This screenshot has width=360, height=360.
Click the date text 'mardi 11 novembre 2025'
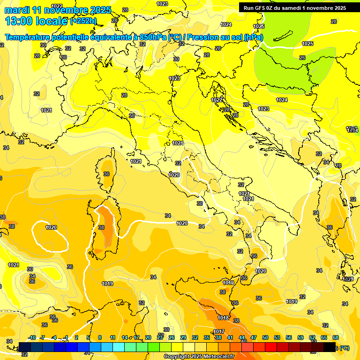coord(58,10)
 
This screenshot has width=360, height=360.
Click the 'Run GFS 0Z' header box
coord(294,7)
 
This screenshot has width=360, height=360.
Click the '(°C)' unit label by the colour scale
coord(344,348)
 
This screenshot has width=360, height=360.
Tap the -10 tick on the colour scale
coord(32,337)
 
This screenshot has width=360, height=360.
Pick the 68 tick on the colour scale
coord(336,337)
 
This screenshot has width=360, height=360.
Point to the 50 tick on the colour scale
coord(265,337)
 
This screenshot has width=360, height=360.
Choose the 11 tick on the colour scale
coord(113,337)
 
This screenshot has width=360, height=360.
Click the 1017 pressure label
coord(218,332)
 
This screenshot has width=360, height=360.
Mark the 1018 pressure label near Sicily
coord(223,318)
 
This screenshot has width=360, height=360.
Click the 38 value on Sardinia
coord(101,227)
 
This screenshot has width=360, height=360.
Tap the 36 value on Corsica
coord(106,174)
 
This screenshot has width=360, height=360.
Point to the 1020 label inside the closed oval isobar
coord(51,227)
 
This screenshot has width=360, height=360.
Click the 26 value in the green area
coord(302,58)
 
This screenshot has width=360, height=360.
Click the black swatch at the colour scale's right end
coord(330,347)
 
